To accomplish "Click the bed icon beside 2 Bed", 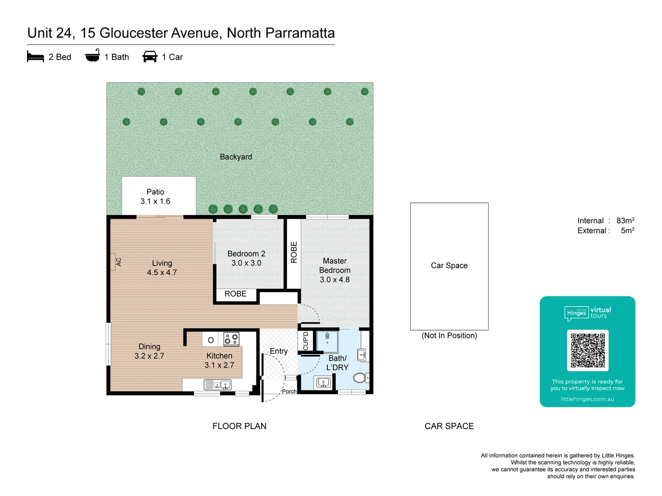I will [35, 57].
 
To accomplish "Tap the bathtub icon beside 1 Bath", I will [92, 56].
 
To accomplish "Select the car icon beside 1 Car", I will [150, 56].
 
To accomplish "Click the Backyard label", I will [236, 157].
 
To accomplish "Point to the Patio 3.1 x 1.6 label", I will [155, 197].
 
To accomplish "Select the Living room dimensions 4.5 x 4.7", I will [162, 273].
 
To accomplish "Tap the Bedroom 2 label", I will [246, 254].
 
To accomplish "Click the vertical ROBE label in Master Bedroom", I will [294, 253].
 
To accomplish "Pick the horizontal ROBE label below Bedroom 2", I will [235, 294].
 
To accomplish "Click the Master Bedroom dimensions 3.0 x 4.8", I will [335, 280].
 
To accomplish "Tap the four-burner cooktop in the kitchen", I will [231, 339].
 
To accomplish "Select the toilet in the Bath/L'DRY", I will [360, 378].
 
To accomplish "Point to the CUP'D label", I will [306, 341].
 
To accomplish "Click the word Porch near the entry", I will [289, 391].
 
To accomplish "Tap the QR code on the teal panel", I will [588, 350].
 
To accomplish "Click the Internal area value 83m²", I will [625, 221].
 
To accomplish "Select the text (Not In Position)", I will [449, 336].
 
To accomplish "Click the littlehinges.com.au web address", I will [587, 399].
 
